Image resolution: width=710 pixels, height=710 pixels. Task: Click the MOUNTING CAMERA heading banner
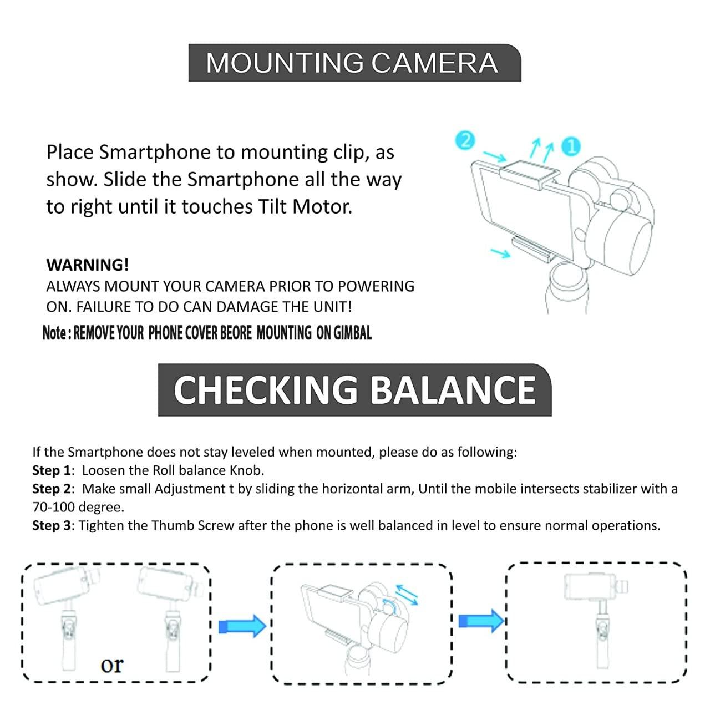click(354, 63)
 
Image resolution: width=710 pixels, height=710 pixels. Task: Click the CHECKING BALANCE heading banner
click(354, 389)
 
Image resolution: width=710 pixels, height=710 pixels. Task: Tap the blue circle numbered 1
click(571, 147)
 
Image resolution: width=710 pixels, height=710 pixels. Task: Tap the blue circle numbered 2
click(465, 140)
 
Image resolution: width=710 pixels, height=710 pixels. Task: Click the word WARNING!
click(88, 265)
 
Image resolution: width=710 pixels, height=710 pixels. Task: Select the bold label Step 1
click(52, 470)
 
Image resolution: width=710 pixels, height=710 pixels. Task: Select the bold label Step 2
click(52, 489)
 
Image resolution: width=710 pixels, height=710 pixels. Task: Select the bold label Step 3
click(52, 525)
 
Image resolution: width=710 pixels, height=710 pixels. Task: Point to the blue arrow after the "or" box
click(242, 626)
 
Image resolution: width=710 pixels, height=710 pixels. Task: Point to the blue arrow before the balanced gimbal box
click(481, 620)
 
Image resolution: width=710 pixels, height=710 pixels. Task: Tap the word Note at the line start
click(54, 333)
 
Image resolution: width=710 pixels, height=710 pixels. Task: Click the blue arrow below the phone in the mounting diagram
click(501, 253)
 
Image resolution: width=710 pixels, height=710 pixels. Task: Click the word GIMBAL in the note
click(352, 333)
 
